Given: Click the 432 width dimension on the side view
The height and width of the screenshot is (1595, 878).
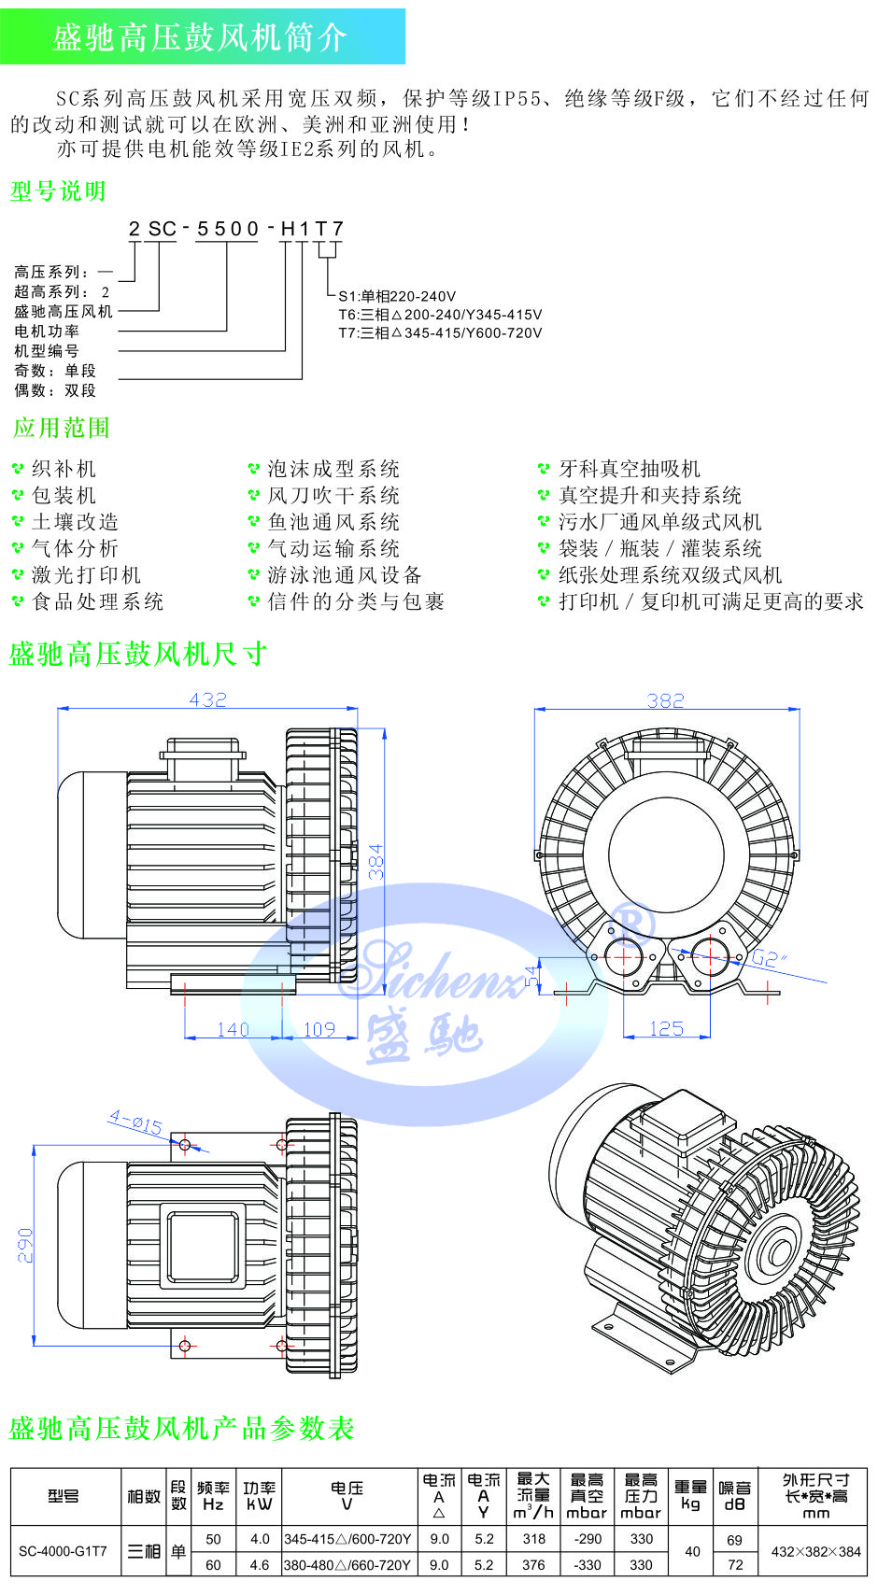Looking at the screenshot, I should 207,699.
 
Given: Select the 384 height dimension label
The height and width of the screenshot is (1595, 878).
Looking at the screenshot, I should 375,861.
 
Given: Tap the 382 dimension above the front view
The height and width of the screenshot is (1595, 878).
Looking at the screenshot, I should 665,700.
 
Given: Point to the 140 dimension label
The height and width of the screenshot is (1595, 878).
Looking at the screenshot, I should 233,1029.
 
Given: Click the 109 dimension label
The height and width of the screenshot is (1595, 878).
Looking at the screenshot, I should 319,1029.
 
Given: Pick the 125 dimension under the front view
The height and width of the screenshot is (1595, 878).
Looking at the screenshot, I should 666,1028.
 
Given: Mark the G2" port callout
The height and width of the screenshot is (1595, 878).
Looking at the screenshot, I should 770,958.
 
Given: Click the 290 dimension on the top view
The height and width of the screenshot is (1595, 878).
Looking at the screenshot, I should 25,1246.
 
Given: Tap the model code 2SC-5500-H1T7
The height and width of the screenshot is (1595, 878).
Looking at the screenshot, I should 236,229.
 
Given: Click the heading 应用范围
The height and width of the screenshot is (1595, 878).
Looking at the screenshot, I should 62,428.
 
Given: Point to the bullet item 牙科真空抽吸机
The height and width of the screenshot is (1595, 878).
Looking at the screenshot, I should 629,469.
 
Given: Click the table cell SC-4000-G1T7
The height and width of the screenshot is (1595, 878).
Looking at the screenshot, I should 64,1551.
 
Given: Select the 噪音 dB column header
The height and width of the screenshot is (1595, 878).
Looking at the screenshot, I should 734,1495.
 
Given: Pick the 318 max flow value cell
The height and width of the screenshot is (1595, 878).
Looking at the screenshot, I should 534,1539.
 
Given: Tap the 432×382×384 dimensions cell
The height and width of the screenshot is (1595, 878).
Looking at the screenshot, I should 815,1551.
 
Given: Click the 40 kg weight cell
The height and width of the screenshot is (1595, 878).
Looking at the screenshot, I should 691,1551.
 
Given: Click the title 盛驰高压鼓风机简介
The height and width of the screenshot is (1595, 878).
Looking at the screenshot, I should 200,37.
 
